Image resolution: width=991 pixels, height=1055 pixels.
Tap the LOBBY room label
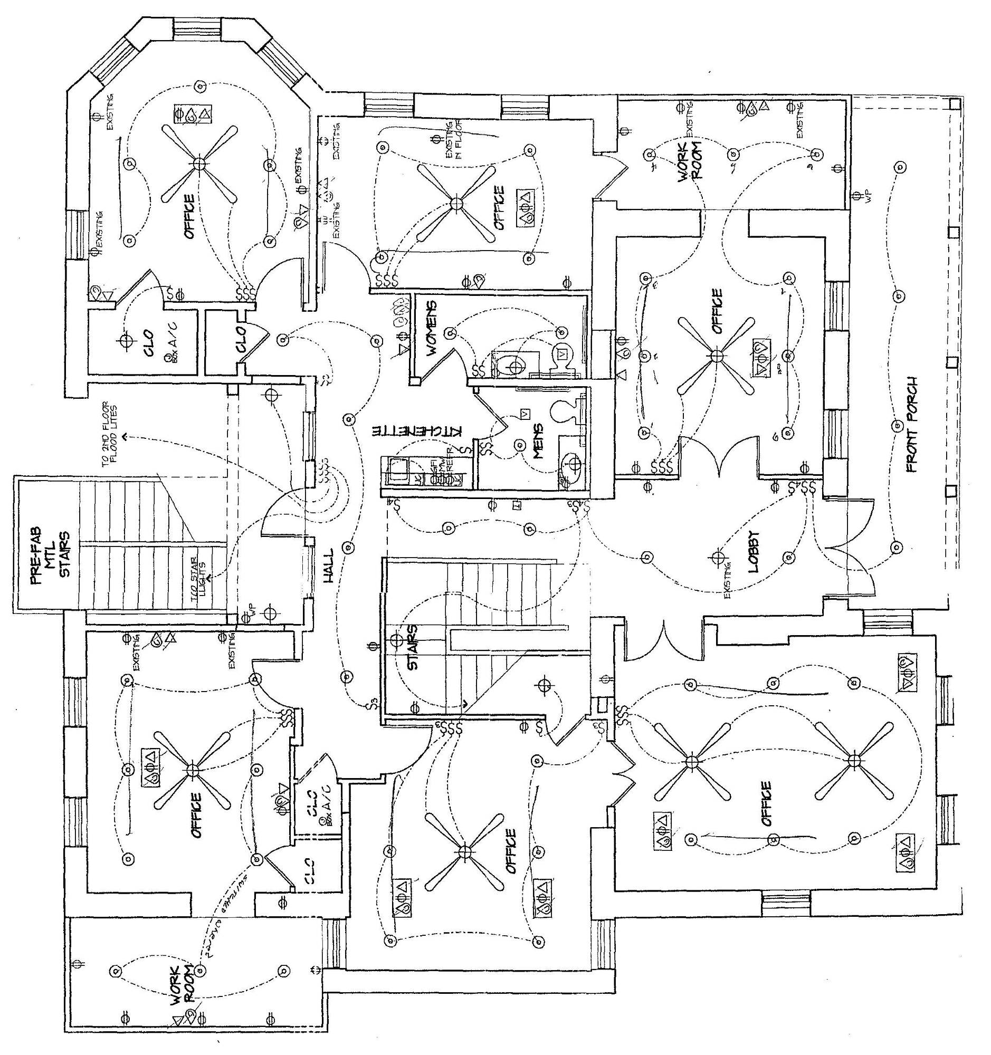(754, 552)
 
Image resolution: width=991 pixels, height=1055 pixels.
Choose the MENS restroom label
(538, 440)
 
